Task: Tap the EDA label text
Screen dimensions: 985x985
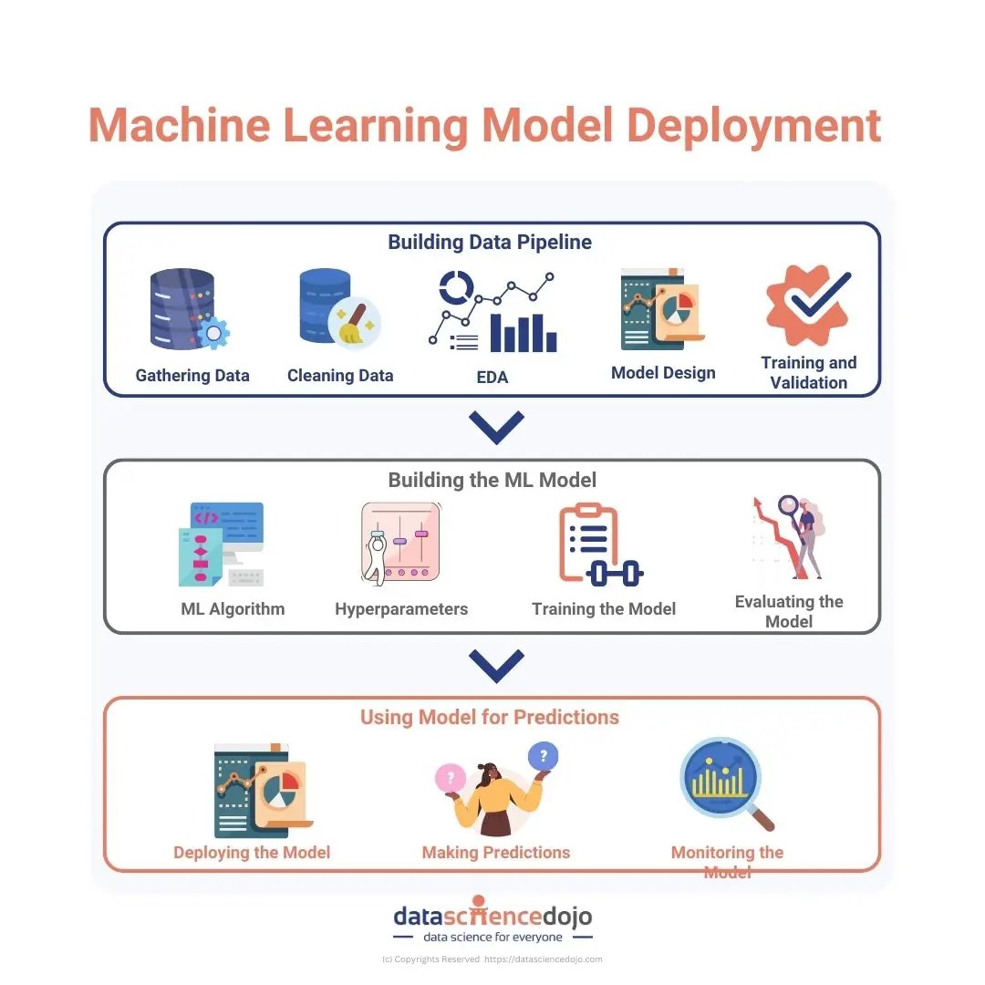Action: pyautogui.click(x=493, y=377)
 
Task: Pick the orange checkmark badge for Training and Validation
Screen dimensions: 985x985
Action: pyautogui.click(x=808, y=305)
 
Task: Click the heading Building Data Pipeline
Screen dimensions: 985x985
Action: pyautogui.click(x=490, y=243)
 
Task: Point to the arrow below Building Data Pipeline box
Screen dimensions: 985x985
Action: pyautogui.click(x=496, y=426)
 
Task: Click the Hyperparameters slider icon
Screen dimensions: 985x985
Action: pyautogui.click(x=401, y=544)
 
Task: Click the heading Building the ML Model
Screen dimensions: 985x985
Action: pyautogui.click(x=493, y=480)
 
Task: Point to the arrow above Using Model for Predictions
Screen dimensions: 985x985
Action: pyautogui.click(x=496, y=665)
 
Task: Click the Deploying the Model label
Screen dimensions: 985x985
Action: pyautogui.click(x=252, y=853)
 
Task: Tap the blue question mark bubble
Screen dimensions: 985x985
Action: pyautogui.click(x=544, y=755)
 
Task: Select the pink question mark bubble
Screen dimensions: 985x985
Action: pyautogui.click(x=450, y=778)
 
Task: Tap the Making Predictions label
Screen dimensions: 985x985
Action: pyautogui.click(x=495, y=853)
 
